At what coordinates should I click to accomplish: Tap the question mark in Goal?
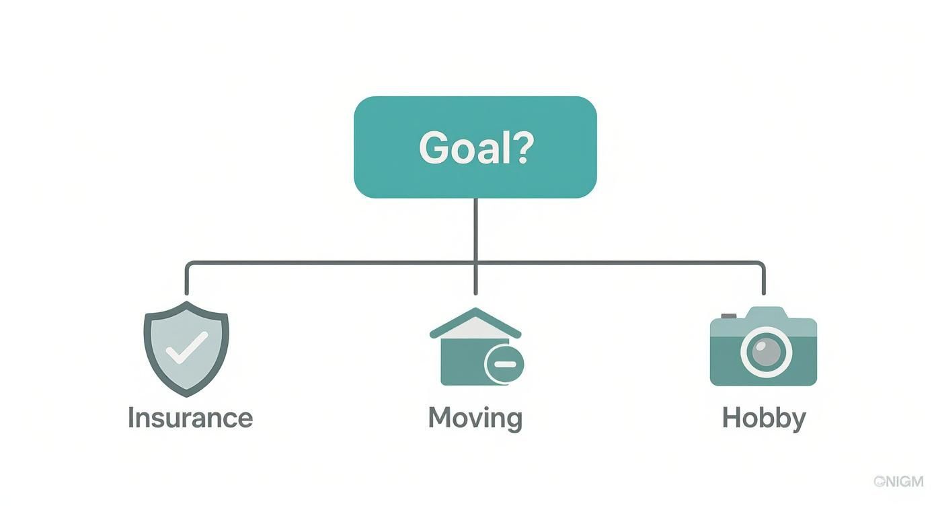pyautogui.click(x=522, y=147)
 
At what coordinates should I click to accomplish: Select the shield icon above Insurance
pyautogui.click(x=186, y=348)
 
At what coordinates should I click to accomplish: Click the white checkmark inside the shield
pyautogui.click(x=188, y=347)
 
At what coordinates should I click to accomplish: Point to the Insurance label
pyautogui.click(x=190, y=418)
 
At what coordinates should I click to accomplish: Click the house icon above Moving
pyautogui.click(x=475, y=347)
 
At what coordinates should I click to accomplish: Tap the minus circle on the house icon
pyautogui.click(x=504, y=365)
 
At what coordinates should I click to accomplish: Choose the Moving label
pyautogui.click(x=475, y=418)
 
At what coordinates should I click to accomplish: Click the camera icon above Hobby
pyautogui.click(x=763, y=347)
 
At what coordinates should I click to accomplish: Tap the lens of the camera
pyautogui.click(x=766, y=351)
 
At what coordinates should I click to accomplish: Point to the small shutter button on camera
pyautogui.click(x=728, y=315)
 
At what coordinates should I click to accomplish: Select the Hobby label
pyautogui.click(x=763, y=418)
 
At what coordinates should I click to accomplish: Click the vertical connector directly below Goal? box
pyautogui.click(x=475, y=229)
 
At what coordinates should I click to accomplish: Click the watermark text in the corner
pyautogui.click(x=898, y=481)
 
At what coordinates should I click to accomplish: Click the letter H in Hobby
pyautogui.click(x=732, y=418)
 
